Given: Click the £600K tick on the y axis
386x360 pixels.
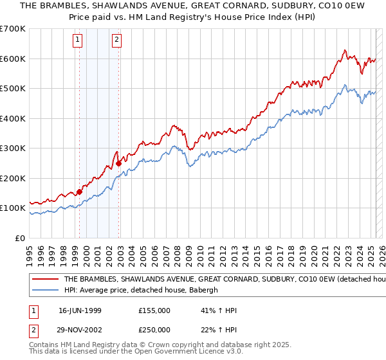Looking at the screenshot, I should tap(14, 59).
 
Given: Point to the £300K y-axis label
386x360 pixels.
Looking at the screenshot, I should tap(14, 148).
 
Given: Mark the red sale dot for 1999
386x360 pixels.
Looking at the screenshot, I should tap(80, 192).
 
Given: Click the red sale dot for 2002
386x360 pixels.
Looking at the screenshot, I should tap(119, 163).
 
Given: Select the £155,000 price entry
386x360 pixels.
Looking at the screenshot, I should tap(154, 310).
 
